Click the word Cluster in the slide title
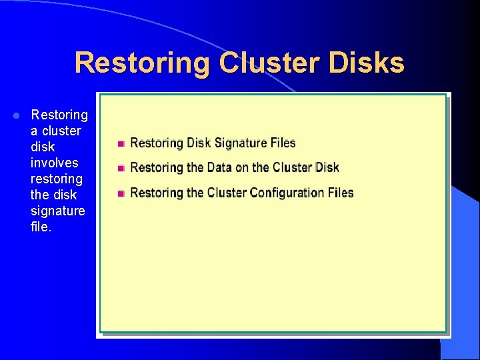(264, 63)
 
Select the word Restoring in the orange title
(142, 63)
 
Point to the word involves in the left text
(54, 163)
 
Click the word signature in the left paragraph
(58, 211)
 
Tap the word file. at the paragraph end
(41, 227)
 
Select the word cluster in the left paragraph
(61, 131)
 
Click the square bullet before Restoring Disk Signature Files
(121, 143)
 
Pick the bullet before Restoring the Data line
(121, 168)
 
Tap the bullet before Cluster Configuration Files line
(121, 193)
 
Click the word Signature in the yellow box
(240, 143)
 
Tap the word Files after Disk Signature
(282, 143)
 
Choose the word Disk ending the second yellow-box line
(327, 167)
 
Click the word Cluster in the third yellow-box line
(227, 193)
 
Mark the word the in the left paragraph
(40, 195)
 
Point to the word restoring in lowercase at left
(57, 179)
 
